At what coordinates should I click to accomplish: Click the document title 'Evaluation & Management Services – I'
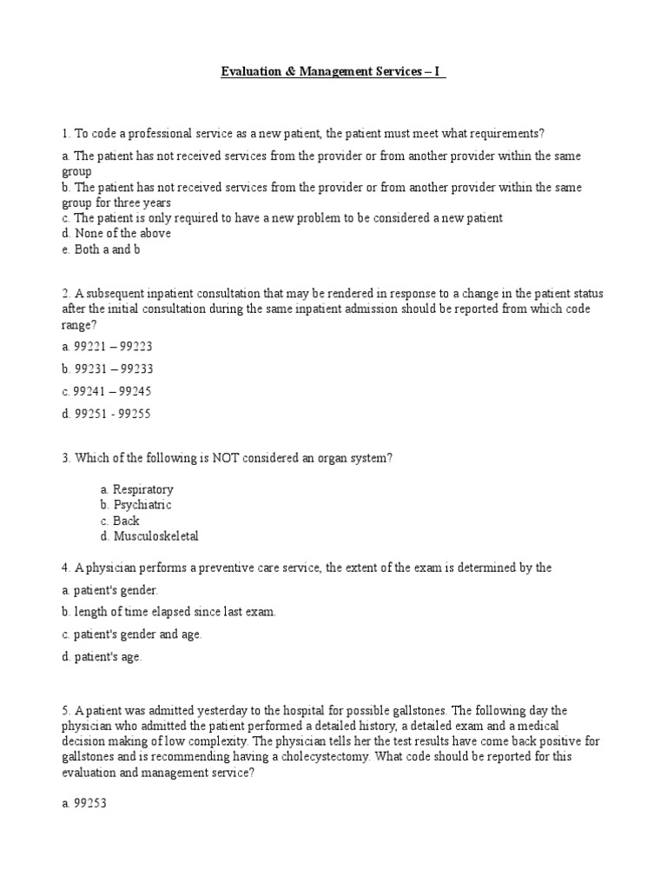coord(333,72)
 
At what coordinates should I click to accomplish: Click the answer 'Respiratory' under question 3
coord(142,489)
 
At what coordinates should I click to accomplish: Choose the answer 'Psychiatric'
coord(142,505)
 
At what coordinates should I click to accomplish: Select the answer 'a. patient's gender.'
coord(110,589)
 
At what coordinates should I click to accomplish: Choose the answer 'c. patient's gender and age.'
coord(132,634)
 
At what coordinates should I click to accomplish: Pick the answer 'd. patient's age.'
coord(102,657)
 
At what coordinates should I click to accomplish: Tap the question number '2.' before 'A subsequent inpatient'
coord(66,293)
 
